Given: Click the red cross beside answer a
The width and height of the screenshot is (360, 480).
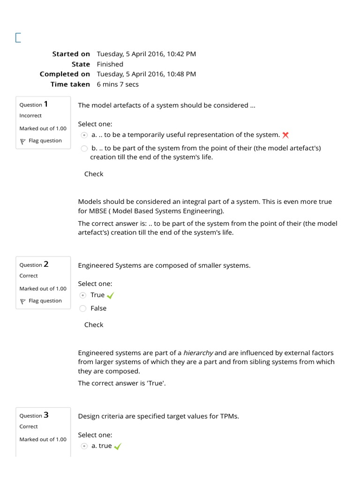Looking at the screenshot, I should pyautogui.click(x=285, y=135).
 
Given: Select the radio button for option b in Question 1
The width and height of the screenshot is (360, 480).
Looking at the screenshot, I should pyautogui.click(x=84, y=149).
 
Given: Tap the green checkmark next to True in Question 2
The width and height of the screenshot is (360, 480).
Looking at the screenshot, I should pyautogui.click(x=111, y=295).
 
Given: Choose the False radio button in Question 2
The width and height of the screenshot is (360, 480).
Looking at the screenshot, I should pyautogui.click(x=83, y=308).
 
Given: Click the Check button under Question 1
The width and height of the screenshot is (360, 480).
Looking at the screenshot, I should pyautogui.click(x=94, y=174).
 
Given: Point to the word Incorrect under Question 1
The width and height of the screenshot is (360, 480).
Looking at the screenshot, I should pyautogui.click(x=30, y=115).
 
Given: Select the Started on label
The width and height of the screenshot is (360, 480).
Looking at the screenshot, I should pyautogui.click(x=71, y=54).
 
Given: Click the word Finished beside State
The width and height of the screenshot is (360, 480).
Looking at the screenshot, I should pyautogui.click(x=110, y=64).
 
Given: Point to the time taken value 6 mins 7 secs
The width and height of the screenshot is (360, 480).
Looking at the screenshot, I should pyautogui.click(x=118, y=84).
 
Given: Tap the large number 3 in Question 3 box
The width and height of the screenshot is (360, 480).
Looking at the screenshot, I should pyautogui.click(x=46, y=415).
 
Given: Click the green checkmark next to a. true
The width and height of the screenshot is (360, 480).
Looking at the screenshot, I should pyautogui.click(x=117, y=446).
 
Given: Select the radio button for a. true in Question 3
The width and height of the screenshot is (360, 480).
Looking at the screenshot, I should pyautogui.click(x=84, y=446).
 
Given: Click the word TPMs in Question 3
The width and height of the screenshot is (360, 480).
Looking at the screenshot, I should pyautogui.click(x=229, y=416).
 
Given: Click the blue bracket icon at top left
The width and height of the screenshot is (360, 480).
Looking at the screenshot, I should pyautogui.click(x=18, y=38).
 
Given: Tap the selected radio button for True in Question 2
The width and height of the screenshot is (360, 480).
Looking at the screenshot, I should pyautogui.click(x=83, y=295).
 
